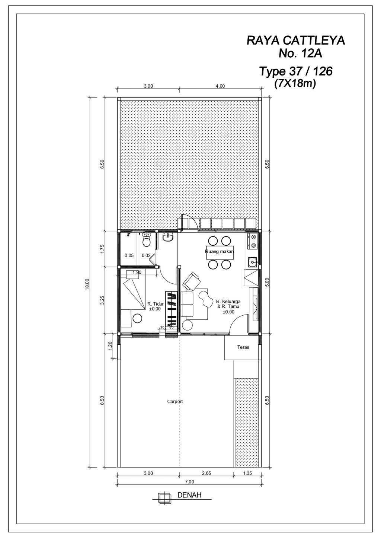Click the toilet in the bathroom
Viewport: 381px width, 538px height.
(x=147, y=241)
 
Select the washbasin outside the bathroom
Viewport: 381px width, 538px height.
(x=168, y=237)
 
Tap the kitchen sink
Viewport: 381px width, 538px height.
(x=253, y=262)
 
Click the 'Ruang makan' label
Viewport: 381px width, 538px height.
(x=220, y=252)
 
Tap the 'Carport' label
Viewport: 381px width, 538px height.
(x=175, y=402)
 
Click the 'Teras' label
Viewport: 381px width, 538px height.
(x=243, y=347)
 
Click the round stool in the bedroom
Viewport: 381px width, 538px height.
(x=137, y=318)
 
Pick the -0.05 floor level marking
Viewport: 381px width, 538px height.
(x=128, y=255)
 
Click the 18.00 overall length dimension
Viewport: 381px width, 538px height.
(x=87, y=284)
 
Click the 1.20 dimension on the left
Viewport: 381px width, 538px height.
(x=110, y=346)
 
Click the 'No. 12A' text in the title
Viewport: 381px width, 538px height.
(x=300, y=54)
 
